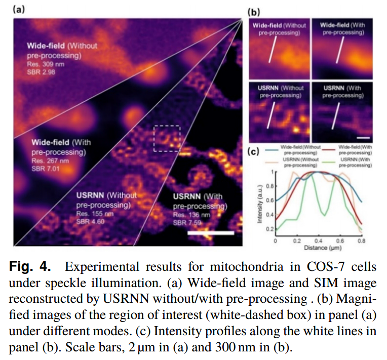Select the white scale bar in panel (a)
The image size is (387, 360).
[210, 233]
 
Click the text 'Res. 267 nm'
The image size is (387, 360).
[49, 161]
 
